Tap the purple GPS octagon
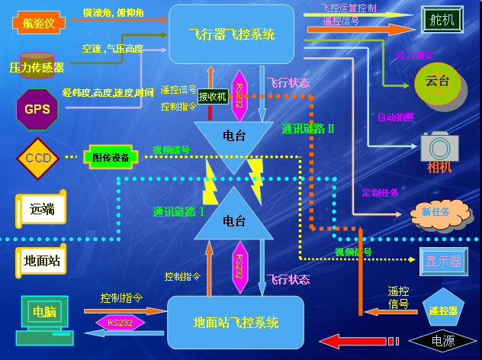click(37, 108)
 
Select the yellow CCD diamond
click(37, 158)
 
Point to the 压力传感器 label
click(37, 67)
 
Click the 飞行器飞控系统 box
click(231, 34)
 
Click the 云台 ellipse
click(438, 81)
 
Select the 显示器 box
click(443, 262)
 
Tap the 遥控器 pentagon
click(443, 309)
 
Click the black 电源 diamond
click(442, 341)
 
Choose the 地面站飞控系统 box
click(235, 322)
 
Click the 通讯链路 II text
click(308, 129)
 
